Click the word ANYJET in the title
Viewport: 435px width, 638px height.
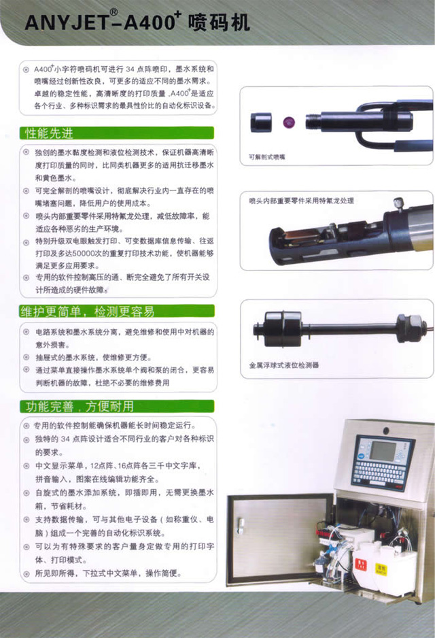coord(61,24)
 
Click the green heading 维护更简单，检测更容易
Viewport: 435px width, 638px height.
coord(86,312)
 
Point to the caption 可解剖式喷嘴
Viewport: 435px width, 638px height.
coord(267,158)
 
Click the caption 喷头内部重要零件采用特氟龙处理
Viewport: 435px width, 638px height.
coord(301,201)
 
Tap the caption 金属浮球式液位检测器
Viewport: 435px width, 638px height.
coord(283,365)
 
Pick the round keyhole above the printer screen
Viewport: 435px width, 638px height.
coord(386,431)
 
